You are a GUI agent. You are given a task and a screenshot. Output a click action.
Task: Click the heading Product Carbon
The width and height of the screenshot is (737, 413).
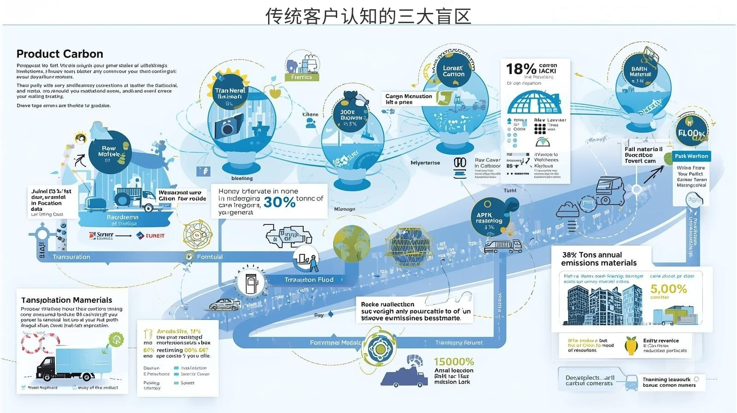click(x=60, y=54)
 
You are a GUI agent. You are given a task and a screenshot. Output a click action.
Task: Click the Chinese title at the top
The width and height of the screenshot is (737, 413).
click(x=368, y=16)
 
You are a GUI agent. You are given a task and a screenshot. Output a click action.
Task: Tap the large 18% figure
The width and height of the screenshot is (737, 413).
click(x=521, y=69)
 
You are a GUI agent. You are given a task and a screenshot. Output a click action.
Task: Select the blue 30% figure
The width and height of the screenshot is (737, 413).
click(x=280, y=202)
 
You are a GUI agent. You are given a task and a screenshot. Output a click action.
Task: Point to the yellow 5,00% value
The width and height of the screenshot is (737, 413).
click(x=668, y=289)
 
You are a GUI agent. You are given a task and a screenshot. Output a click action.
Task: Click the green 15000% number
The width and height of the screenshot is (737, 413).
click(x=454, y=362)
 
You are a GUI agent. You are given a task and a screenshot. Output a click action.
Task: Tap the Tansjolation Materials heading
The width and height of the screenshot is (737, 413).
click(x=67, y=300)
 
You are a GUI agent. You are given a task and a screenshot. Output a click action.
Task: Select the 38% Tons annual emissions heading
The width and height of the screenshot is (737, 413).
click(x=599, y=259)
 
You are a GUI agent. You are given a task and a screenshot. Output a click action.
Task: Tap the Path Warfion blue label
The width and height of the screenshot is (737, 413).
click(x=691, y=156)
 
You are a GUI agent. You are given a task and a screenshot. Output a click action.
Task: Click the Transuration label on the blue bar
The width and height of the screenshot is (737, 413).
click(x=71, y=257)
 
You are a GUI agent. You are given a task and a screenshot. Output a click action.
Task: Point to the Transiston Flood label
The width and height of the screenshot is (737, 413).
click(x=309, y=280)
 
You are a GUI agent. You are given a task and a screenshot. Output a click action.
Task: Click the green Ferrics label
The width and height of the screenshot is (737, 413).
click(x=301, y=77)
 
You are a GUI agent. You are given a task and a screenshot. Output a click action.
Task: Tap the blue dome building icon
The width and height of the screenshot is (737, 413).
click(x=534, y=102)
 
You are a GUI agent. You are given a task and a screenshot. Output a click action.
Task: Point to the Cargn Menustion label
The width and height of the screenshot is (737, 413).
click(x=409, y=96)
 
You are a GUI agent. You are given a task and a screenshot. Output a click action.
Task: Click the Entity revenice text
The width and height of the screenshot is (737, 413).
click(x=661, y=341)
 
